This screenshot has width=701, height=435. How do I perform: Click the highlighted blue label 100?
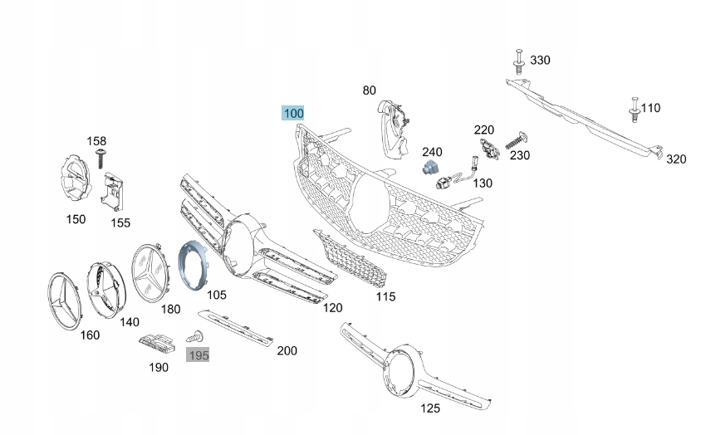tap(293, 113)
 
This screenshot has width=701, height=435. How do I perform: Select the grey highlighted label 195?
tap(198, 355)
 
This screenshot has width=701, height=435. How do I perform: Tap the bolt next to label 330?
tap(518, 61)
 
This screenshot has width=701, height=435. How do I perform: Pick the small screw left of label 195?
tap(198, 337)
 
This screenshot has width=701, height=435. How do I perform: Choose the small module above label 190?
tap(155, 341)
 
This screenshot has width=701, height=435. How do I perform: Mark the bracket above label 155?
tap(113, 193)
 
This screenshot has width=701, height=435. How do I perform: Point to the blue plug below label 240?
tap(430, 169)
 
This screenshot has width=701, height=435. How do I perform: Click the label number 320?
tap(676, 159)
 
